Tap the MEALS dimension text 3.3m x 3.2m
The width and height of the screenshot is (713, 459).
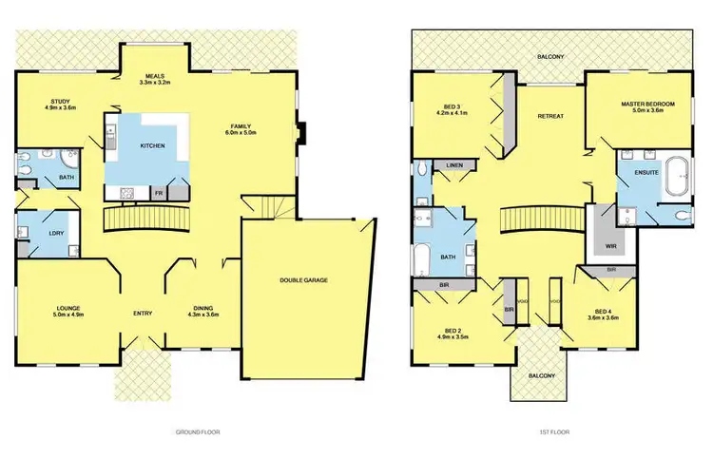tap(154, 85)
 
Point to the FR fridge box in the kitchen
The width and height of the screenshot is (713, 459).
tap(159, 193)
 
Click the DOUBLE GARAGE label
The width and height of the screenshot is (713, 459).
tap(302, 280)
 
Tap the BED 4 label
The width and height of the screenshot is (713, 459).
tap(607, 312)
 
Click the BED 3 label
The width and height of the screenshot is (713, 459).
tap(451, 106)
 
